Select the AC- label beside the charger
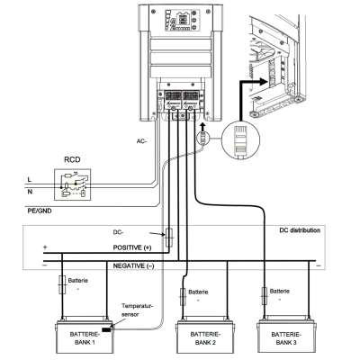tap(140, 141)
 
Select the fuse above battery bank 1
tap(61, 283)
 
